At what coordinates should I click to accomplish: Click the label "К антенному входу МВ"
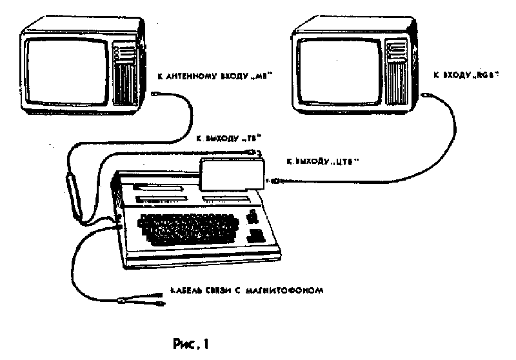[213, 75]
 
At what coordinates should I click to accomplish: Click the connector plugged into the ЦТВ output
[276, 181]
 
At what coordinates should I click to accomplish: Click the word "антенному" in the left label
[194, 75]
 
